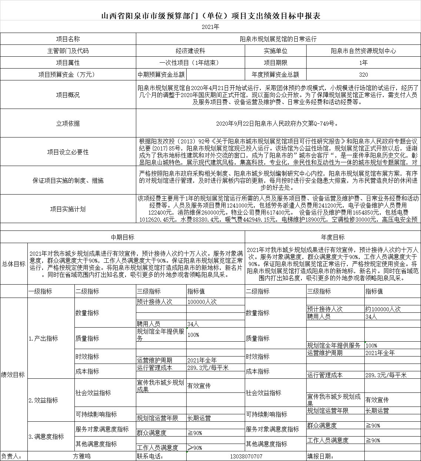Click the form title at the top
click(210, 16)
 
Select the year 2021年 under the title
click(210, 27)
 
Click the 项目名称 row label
click(68, 39)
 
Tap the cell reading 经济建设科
click(190, 51)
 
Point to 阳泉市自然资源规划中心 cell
click(363, 51)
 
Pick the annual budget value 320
click(363, 74)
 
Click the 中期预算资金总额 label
click(161, 74)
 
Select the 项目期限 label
click(275, 63)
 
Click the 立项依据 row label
click(68, 123)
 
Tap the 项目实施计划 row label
click(68, 209)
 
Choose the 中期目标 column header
click(123, 237)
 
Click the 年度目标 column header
click(333, 237)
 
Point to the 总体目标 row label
click(14, 264)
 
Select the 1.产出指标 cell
click(43, 338)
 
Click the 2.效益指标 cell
click(43, 400)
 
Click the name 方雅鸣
click(81, 456)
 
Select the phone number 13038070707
click(246, 456)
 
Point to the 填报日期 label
click(320, 456)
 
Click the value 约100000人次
click(383, 309)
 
